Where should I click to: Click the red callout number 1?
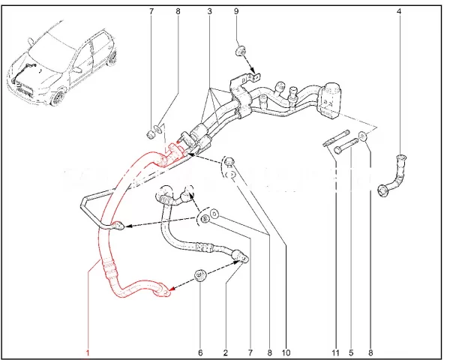pos(88,352)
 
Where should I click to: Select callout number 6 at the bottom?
pos(200,352)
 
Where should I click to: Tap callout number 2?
pos(226,352)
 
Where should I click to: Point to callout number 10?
pos(286,352)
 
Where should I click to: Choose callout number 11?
pos(335,352)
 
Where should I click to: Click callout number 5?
pos(351,352)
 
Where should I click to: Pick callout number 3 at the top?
pos(209,11)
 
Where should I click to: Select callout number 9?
pos(236,11)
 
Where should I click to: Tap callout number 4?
pos(399,11)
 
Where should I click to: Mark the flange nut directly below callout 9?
pos(241,51)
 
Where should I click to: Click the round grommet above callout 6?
pos(200,275)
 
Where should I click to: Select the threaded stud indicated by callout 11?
pos(336,138)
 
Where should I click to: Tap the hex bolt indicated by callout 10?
pos(229,162)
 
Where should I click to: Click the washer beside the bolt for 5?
pos(363,136)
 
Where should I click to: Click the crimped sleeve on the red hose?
pos(109,268)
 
